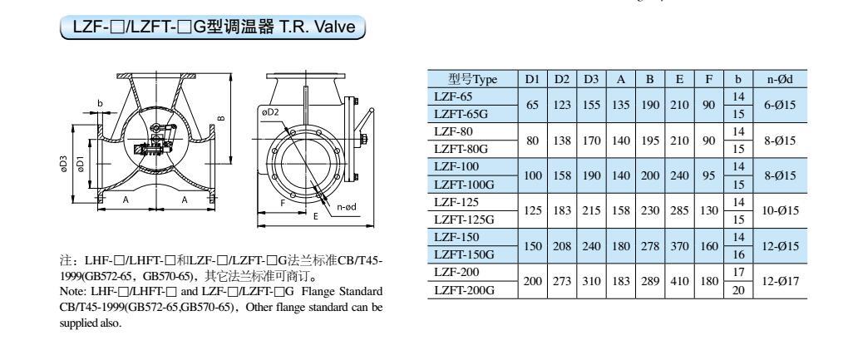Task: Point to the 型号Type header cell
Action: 471,79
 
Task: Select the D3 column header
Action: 590,79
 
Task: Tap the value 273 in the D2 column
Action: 561,281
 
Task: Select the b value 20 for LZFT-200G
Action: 737,290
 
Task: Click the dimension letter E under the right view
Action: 315,215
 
